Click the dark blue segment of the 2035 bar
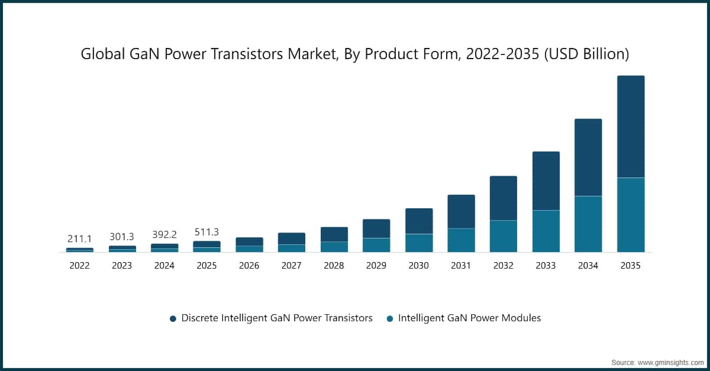(x=630, y=127)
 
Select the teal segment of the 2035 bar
(x=630, y=215)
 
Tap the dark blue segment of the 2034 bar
(x=588, y=157)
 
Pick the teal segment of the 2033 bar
(x=546, y=231)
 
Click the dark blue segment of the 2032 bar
(x=503, y=198)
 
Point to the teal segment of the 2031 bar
(x=461, y=240)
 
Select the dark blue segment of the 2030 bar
(x=418, y=221)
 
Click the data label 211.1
(x=80, y=239)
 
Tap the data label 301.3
(x=122, y=237)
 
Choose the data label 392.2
(x=164, y=234)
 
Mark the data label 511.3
(x=206, y=232)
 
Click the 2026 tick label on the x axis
(x=249, y=266)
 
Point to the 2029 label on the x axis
(x=376, y=266)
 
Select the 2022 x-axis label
(x=80, y=266)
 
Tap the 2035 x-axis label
(x=630, y=266)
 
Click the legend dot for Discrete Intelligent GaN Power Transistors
(x=173, y=318)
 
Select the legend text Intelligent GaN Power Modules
(x=469, y=318)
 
